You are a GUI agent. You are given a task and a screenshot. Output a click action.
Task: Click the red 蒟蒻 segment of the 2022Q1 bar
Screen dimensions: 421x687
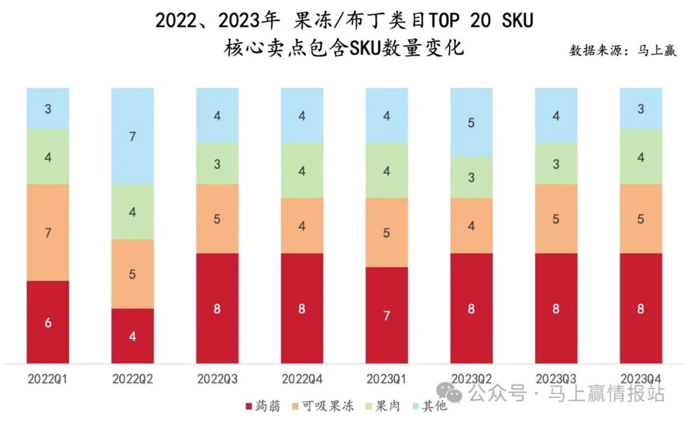pyautogui.click(x=48, y=322)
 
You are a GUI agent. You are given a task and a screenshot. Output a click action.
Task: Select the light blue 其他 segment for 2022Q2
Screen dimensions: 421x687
pyautogui.click(x=132, y=136)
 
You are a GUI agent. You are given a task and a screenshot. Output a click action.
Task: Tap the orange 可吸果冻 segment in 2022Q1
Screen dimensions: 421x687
pyautogui.click(x=48, y=232)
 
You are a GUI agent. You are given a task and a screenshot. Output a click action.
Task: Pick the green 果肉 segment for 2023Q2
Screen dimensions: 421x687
pyautogui.click(x=471, y=177)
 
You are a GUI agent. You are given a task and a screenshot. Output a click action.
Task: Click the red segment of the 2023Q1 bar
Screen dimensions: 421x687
pyautogui.click(x=387, y=315)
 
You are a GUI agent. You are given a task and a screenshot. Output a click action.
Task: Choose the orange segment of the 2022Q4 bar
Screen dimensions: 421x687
pyautogui.click(x=302, y=226)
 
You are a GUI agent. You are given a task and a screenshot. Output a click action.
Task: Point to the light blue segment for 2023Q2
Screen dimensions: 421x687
pyautogui.click(x=471, y=122)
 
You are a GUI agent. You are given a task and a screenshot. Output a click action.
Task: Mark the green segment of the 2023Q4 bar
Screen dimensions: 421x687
pyautogui.click(x=641, y=156)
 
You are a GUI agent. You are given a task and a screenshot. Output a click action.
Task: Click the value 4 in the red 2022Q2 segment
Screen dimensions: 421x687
pyautogui.click(x=132, y=336)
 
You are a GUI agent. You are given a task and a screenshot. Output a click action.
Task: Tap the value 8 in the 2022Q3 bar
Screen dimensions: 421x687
pyautogui.click(x=218, y=309)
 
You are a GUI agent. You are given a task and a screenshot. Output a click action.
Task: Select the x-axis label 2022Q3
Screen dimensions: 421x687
pyautogui.click(x=218, y=379)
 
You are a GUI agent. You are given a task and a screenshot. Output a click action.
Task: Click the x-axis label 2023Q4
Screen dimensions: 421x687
pyautogui.click(x=641, y=379)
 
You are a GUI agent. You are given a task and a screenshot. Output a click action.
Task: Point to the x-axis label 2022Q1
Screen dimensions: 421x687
pyautogui.click(x=48, y=379)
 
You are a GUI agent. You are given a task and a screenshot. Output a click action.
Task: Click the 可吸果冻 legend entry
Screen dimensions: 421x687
pyautogui.click(x=327, y=406)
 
